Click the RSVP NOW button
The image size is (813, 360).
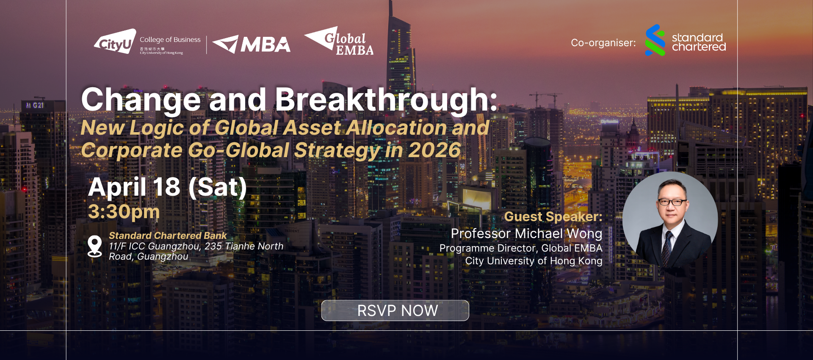(x=395, y=310)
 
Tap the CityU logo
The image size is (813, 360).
(x=115, y=42)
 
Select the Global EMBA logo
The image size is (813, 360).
(x=339, y=41)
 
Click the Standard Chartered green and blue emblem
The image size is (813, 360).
(x=655, y=40)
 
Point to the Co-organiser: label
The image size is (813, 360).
(x=603, y=43)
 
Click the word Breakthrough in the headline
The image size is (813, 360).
(x=386, y=100)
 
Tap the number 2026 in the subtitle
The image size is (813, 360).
(x=434, y=150)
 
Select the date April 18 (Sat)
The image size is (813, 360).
(x=167, y=187)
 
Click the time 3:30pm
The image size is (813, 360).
(x=124, y=212)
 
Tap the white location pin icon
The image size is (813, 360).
(x=94, y=246)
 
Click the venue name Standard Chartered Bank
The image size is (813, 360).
(x=168, y=235)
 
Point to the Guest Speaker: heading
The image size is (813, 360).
(x=553, y=216)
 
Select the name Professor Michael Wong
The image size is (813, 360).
(x=526, y=233)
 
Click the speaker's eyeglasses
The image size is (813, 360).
(x=672, y=202)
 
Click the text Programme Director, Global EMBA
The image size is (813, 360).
(x=521, y=248)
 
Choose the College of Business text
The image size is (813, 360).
(x=170, y=40)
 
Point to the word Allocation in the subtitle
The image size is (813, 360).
(x=396, y=127)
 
